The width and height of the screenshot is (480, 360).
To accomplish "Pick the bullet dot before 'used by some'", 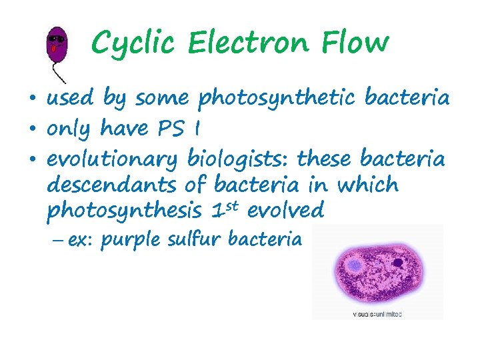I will point(33,99).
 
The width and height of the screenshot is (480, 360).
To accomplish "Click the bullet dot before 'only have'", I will point(33,128).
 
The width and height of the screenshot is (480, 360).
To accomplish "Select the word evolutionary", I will point(111,158).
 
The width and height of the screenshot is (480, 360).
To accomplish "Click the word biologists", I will point(237,158).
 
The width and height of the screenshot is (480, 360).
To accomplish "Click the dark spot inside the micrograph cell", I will point(399,264).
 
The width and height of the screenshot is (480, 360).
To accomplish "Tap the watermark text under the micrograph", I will point(377,313).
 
